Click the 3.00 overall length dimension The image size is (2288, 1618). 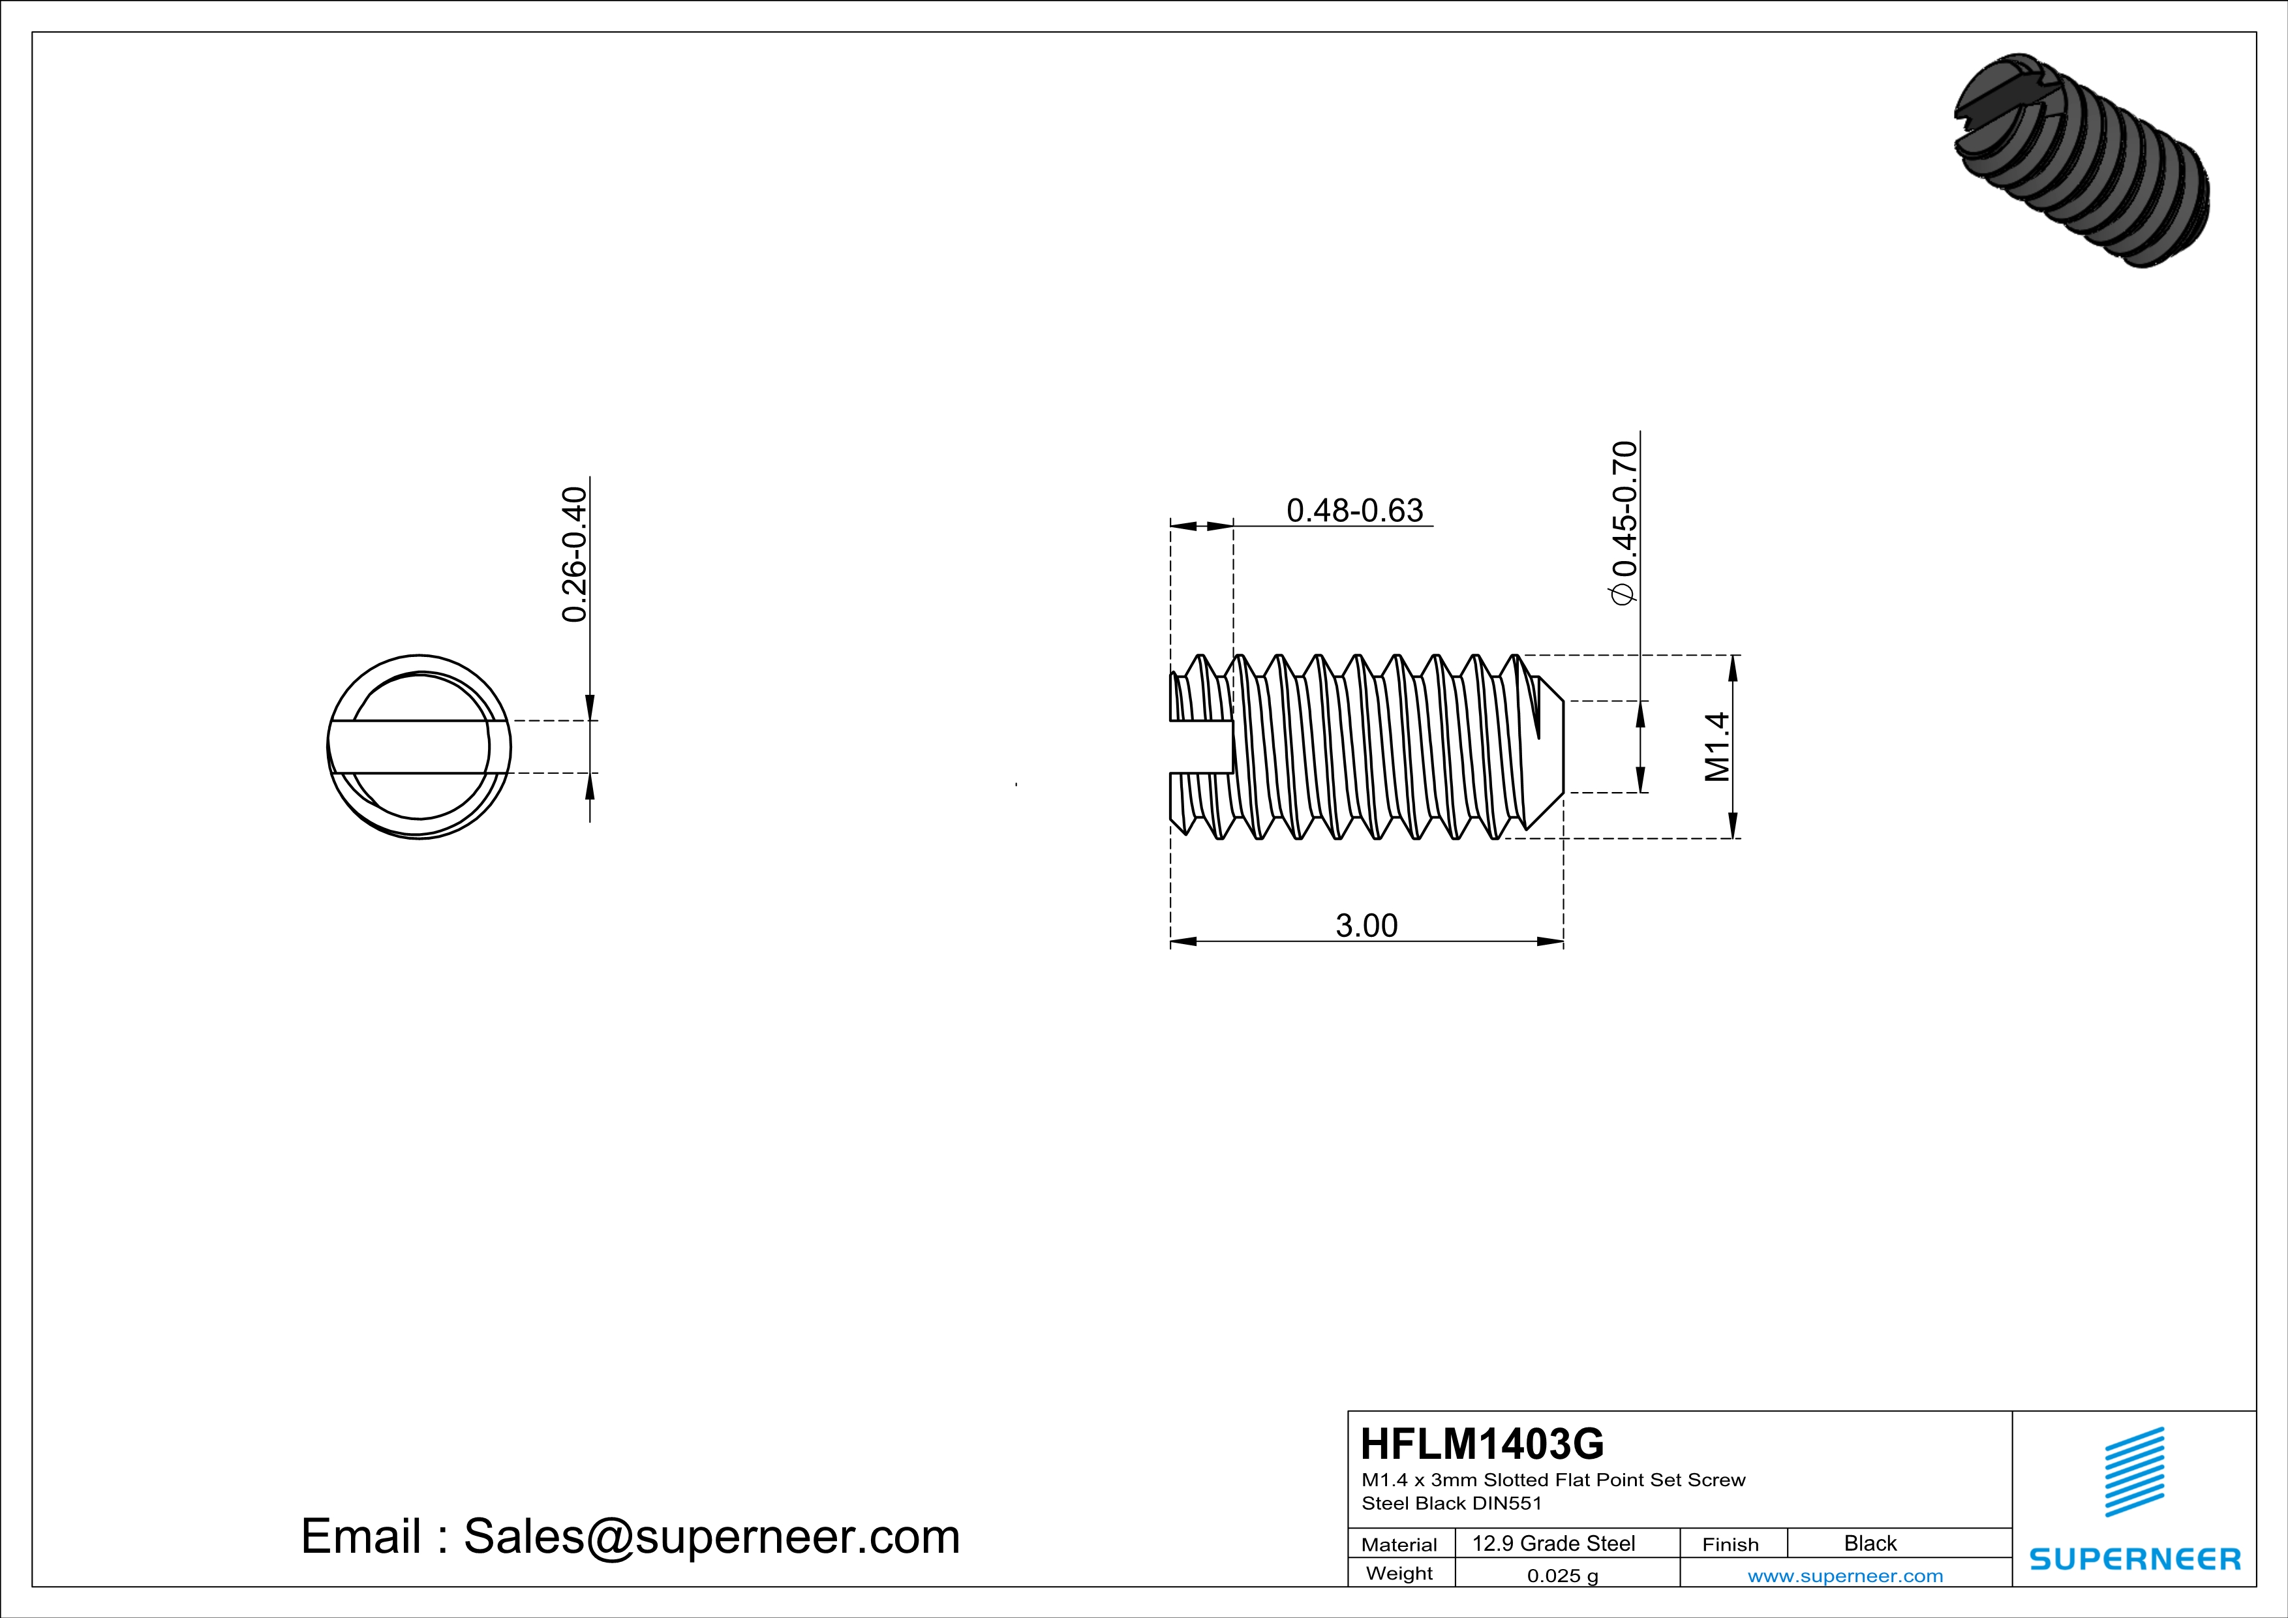(1366, 926)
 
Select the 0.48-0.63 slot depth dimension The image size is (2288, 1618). (1354, 510)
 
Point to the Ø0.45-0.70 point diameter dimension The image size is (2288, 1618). (1623, 522)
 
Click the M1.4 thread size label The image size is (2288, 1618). (1717, 746)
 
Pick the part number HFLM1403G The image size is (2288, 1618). (1482, 1444)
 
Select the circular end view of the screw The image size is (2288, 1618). (419, 747)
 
